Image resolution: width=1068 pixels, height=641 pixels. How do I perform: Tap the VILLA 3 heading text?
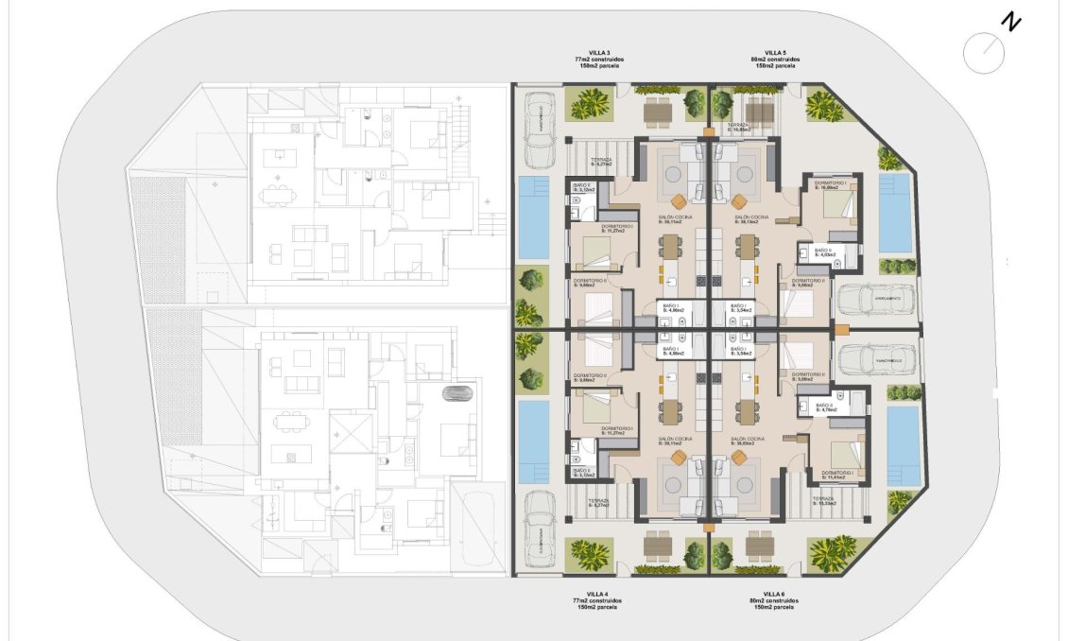tap(599, 52)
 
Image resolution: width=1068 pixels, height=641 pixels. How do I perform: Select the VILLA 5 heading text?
tap(775, 52)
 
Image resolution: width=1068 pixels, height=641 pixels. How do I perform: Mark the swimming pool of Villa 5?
tap(893, 213)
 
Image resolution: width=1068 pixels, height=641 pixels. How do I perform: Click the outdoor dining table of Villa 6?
tap(760, 546)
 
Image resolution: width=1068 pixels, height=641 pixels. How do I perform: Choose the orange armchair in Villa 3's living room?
tap(679, 199)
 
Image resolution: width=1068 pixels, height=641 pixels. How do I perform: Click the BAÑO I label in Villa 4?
tap(672, 349)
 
